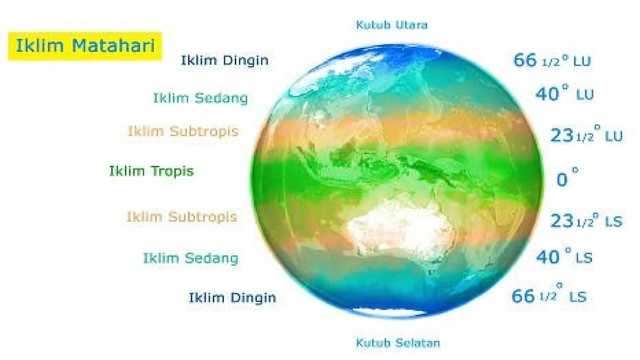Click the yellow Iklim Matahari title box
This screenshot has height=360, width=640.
click(85, 46)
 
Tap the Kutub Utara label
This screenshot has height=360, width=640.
click(392, 25)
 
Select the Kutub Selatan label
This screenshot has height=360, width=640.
click(398, 343)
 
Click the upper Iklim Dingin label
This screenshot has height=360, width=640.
click(225, 60)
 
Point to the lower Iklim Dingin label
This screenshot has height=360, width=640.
click(232, 297)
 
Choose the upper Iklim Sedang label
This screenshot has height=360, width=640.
click(200, 98)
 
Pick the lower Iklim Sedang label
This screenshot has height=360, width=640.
click(190, 258)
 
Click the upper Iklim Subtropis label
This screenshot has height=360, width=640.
click(183, 131)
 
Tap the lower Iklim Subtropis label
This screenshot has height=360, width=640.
click(182, 217)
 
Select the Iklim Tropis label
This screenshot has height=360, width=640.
click(151, 171)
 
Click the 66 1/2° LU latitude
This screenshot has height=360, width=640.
click(552, 61)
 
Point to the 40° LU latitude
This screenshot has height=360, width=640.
click(564, 94)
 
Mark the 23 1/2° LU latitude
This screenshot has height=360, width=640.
click(586, 135)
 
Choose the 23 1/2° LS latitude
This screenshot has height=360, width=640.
click(586, 221)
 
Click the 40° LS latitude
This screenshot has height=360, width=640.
click(564, 257)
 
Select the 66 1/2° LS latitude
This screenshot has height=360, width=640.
click(549, 296)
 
